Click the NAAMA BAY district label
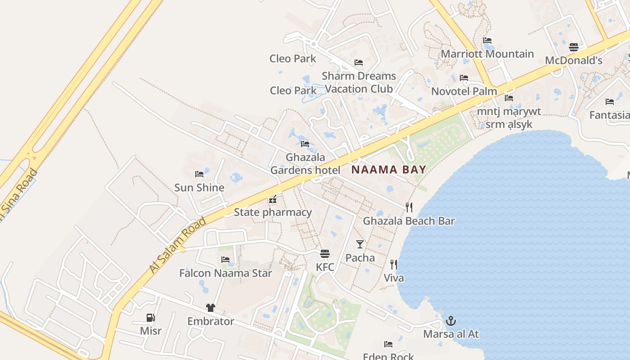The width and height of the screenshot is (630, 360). pyautogui.click(x=388, y=170)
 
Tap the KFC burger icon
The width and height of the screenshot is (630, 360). pyautogui.click(x=325, y=254)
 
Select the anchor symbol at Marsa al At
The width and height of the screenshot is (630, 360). pyautogui.click(x=450, y=321)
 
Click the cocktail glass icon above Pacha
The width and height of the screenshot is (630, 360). pyautogui.click(x=360, y=244)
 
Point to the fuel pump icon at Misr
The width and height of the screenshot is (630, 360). pyautogui.click(x=150, y=318)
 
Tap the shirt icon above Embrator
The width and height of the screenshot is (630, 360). pyautogui.click(x=210, y=308)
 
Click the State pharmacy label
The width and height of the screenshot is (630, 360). pyautogui.click(x=273, y=212)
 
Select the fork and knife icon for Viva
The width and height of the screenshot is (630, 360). pyautogui.click(x=394, y=264)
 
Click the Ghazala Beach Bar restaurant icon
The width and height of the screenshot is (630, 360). pyautogui.click(x=409, y=207)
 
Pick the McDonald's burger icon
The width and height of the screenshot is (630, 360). pyautogui.click(x=574, y=47)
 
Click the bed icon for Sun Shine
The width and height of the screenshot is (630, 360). pyautogui.click(x=199, y=174)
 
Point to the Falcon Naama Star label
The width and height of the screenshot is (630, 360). pyautogui.click(x=225, y=273)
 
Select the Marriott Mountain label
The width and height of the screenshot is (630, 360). pyautogui.click(x=487, y=54)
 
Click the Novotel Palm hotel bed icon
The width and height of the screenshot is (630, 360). pyautogui.click(x=464, y=78)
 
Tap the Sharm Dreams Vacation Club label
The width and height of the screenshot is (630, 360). pyautogui.click(x=359, y=82)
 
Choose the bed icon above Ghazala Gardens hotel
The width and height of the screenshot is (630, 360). pyautogui.click(x=305, y=144)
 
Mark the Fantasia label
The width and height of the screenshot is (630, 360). pyautogui.click(x=609, y=115)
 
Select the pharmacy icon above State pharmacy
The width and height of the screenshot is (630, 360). pyautogui.click(x=272, y=199)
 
